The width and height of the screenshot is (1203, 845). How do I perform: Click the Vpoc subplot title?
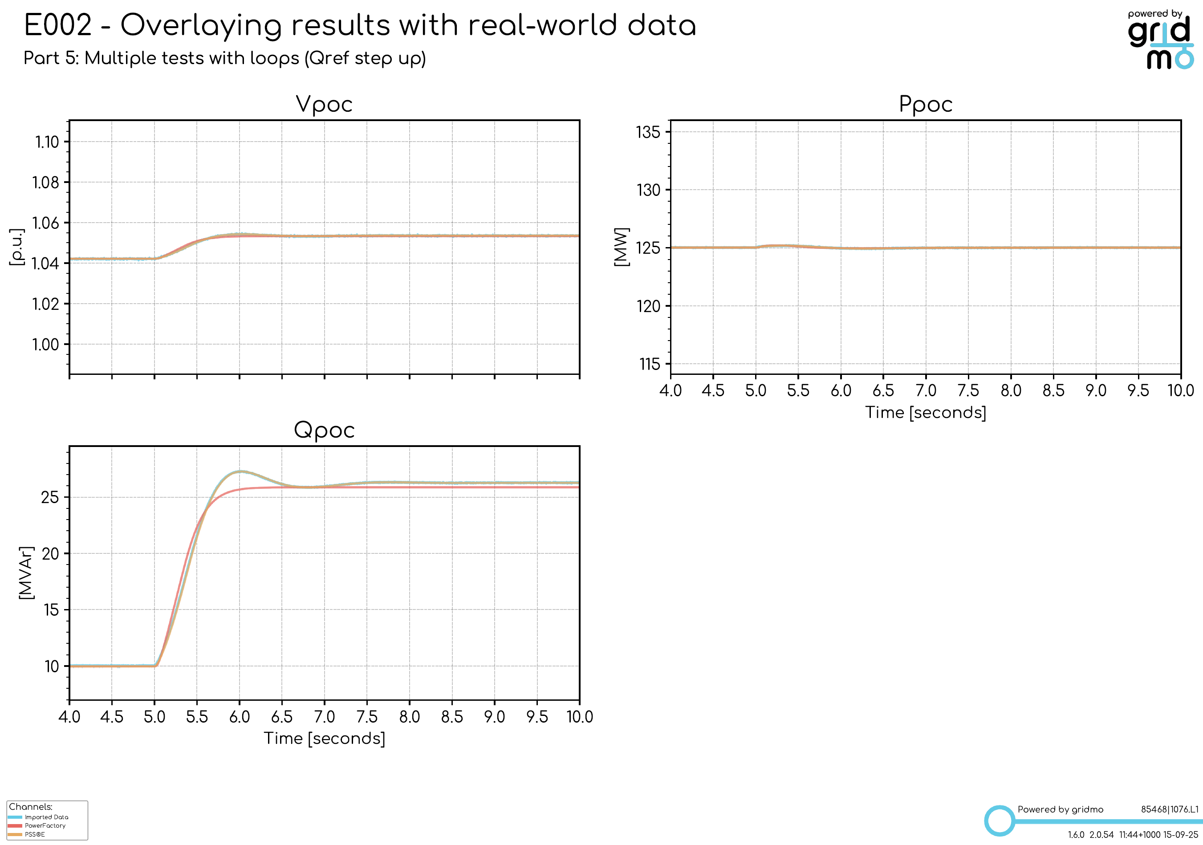[x=324, y=104]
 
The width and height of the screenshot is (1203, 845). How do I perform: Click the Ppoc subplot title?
[x=925, y=104]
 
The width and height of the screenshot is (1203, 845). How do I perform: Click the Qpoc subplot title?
[x=324, y=430]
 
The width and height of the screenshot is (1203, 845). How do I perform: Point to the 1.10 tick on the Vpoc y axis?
[x=47, y=142]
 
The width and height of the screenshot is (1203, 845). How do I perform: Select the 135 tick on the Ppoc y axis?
[x=648, y=132]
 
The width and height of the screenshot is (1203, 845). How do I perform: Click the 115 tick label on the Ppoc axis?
[x=649, y=364]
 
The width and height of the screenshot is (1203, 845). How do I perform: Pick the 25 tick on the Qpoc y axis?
[x=50, y=497]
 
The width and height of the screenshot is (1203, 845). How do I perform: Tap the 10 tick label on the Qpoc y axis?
[x=51, y=666]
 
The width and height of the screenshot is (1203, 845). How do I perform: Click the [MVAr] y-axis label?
[x=26, y=573]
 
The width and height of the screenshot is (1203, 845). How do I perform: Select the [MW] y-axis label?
[x=622, y=247]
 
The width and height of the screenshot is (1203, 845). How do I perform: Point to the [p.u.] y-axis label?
[x=17, y=247]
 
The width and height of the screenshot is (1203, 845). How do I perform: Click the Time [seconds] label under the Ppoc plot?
[x=925, y=413]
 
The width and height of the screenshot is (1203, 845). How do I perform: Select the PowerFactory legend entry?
[x=45, y=825]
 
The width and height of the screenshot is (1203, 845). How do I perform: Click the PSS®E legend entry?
[x=35, y=834]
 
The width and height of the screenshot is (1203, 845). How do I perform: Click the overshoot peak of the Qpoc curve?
[x=240, y=471]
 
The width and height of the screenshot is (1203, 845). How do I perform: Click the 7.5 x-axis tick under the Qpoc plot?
[x=367, y=717]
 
